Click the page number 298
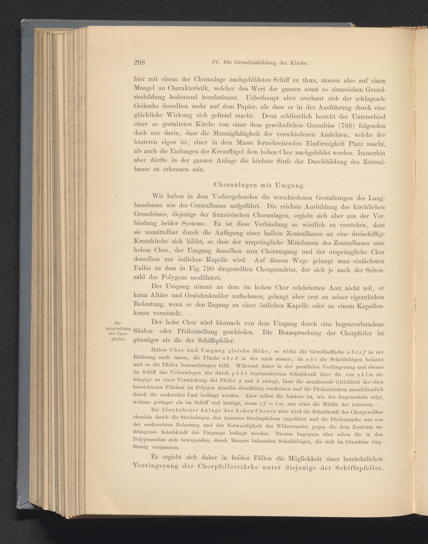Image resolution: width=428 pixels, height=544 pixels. click(140, 62)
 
